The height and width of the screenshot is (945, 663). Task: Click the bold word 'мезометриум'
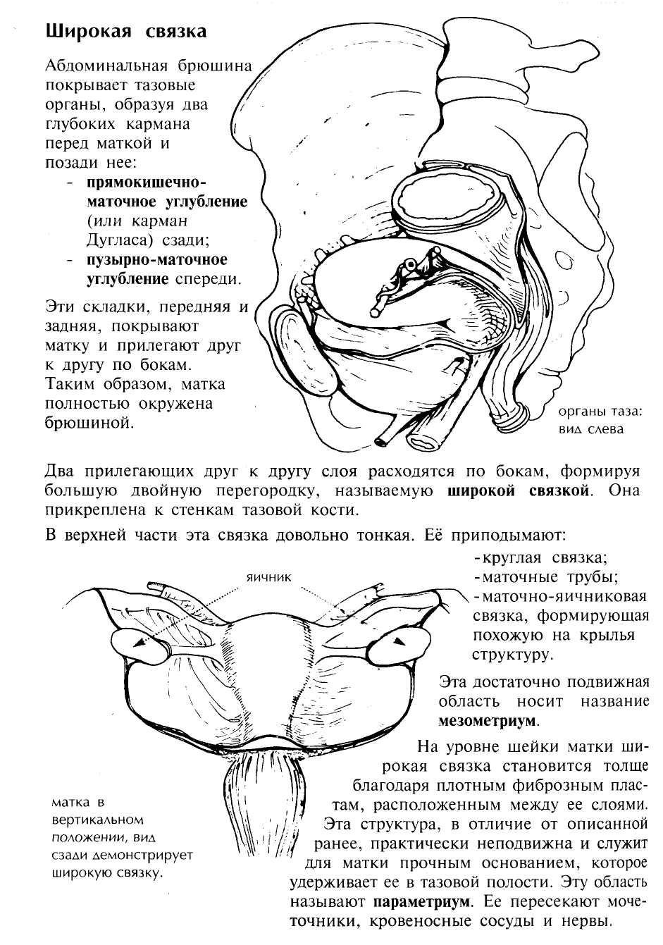click(x=487, y=722)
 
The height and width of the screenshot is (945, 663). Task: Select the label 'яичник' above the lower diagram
click(x=269, y=576)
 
